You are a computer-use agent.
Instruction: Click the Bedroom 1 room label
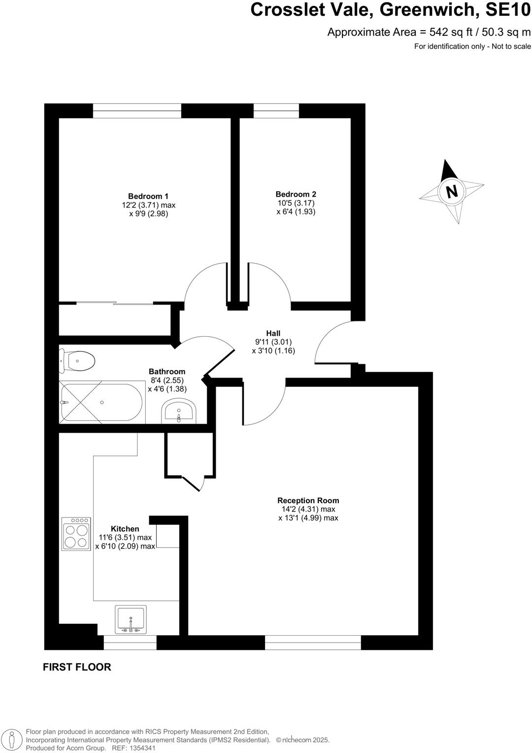tap(148, 196)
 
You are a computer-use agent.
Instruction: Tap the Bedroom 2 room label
tap(296, 194)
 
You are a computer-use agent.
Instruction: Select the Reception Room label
tap(308, 500)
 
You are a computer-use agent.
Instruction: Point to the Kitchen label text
tap(125, 529)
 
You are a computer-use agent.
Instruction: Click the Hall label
tap(273, 333)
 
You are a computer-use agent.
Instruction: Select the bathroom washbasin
tap(179, 412)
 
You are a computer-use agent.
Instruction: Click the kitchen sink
tap(131, 620)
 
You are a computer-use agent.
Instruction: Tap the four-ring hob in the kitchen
tap(76, 533)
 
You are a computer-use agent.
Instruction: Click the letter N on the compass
tap(451, 191)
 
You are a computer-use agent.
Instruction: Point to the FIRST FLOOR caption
tap(77, 667)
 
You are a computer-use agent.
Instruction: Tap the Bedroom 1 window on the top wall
tap(137, 111)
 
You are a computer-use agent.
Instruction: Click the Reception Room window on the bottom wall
tap(313, 643)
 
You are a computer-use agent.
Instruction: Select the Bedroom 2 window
tap(276, 111)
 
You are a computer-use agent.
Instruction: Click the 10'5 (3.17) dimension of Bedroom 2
tap(296, 203)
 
